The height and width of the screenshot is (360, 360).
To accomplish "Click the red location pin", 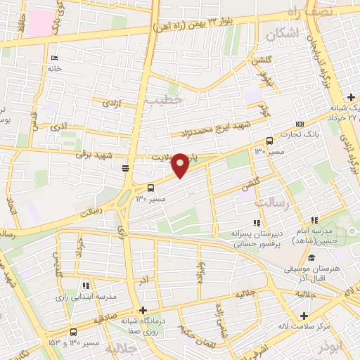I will tap(180, 165).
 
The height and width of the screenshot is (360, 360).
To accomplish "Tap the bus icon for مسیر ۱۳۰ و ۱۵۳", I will tap(73, 332).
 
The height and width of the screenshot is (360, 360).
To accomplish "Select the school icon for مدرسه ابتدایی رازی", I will tap(86, 286).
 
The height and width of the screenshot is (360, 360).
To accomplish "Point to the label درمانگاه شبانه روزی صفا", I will tap(142, 326).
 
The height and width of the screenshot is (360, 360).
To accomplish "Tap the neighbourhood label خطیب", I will tap(165, 100).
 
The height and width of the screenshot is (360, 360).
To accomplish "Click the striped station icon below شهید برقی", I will tap(126, 168).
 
